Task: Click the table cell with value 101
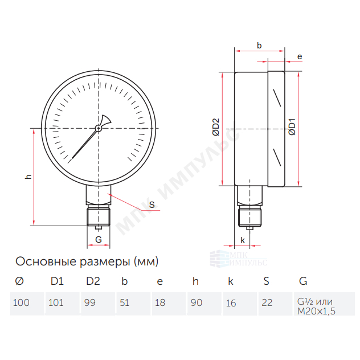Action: click(x=63, y=304)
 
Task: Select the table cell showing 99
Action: click(x=98, y=304)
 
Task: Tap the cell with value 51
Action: click(x=133, y=304)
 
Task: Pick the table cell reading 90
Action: click(x=204, y=304)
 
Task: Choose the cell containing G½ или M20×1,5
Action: click(x=325, y=304)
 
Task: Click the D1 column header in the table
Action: click(x=57, y=281)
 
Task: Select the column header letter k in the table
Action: click(x=231, y=281)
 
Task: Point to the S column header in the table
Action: click(x=267, y=281)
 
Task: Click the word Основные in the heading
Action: click(x=47, y=261)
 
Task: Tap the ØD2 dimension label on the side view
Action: click(x=216, y=127)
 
